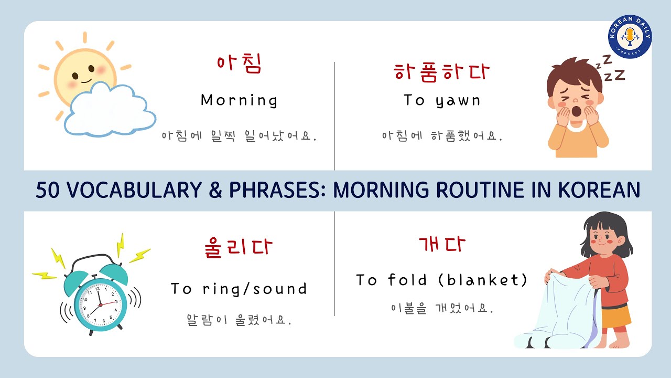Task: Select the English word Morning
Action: point(239,100)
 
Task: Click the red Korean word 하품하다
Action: point(443,72)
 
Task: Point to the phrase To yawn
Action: point(442,100)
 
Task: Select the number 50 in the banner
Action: point(48,190)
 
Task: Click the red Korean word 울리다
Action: point(239,247)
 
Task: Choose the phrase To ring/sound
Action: point(239,289)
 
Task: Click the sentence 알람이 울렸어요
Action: point(239,319)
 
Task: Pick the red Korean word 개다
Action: point(442,244)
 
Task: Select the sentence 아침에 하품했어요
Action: point(442,136)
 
